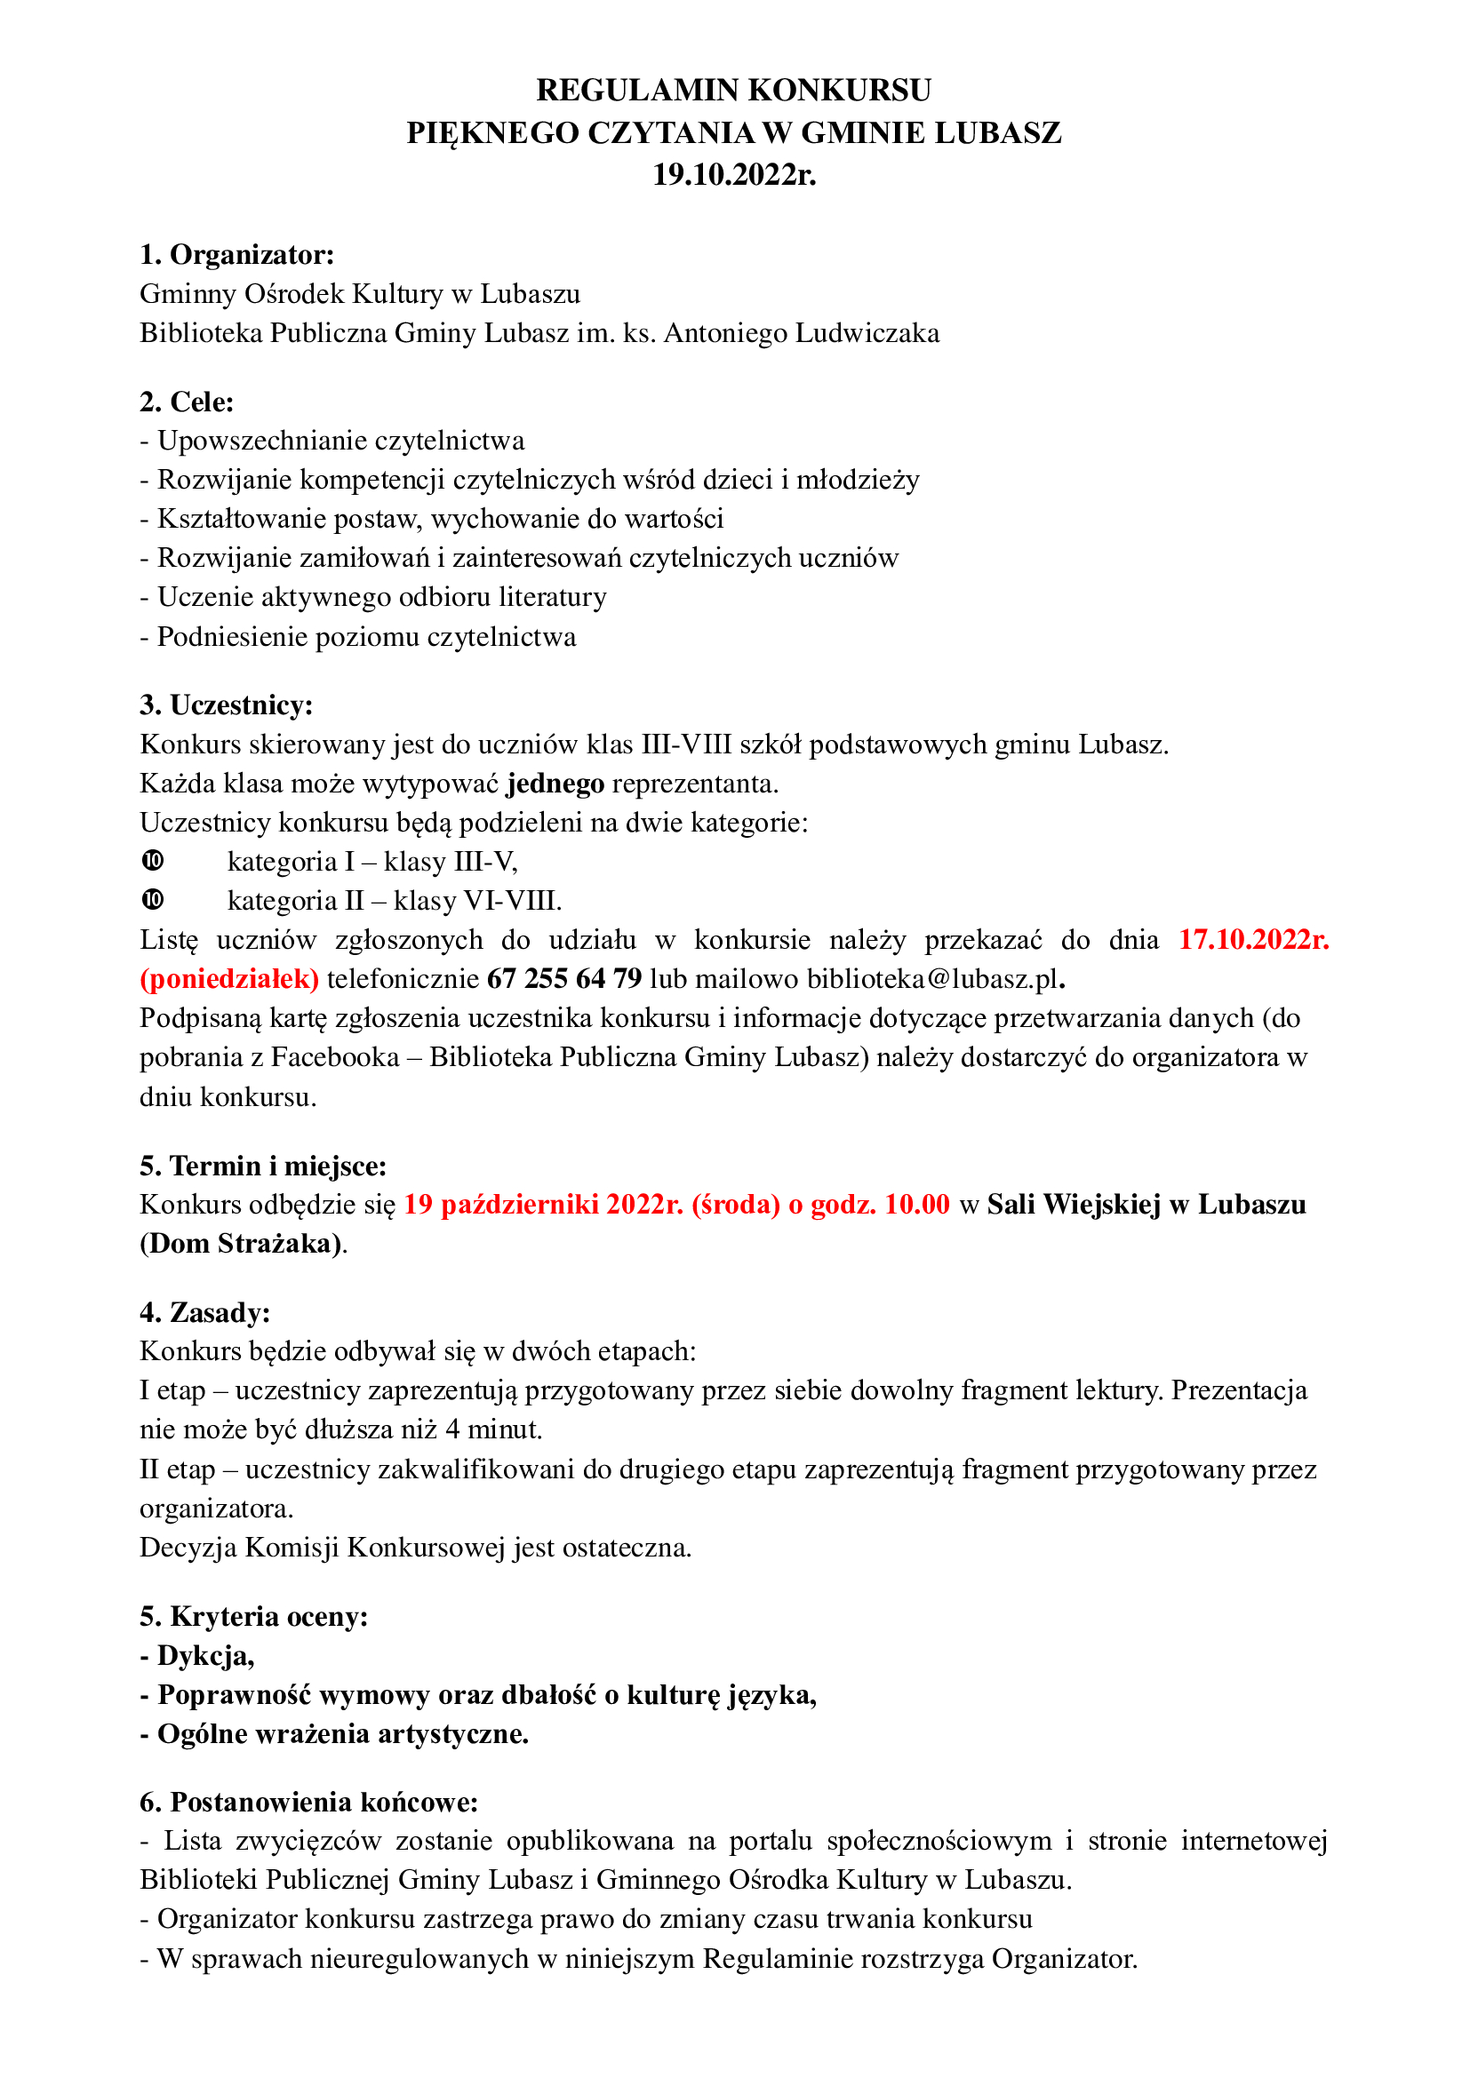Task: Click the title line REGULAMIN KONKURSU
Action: [733, 91]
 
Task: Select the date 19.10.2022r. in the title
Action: [734, 174]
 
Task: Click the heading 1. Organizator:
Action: [237, 255]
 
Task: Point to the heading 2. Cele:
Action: [187, 402]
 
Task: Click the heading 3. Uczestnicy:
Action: [227, 705]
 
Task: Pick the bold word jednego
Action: [555, 783]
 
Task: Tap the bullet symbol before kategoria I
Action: [153, 861]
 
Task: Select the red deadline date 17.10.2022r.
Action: [1254, 939]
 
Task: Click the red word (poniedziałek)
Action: [229, 979]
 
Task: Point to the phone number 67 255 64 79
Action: [564, 979]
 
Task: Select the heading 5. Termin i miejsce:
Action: [262, 1166]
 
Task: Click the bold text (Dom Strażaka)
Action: [241, 1244]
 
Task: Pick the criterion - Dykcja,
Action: [197, 1655]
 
